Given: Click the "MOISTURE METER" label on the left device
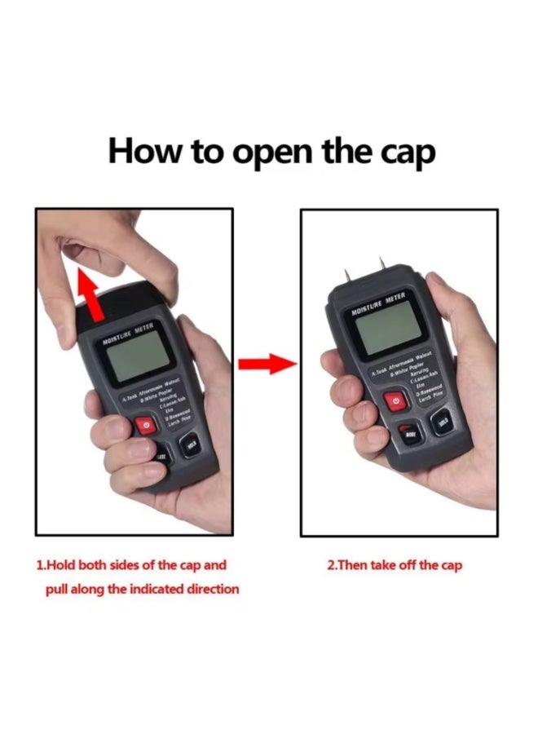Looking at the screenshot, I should (x=128, y=334).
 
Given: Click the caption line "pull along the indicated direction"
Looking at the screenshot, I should (x=143, y=589).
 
